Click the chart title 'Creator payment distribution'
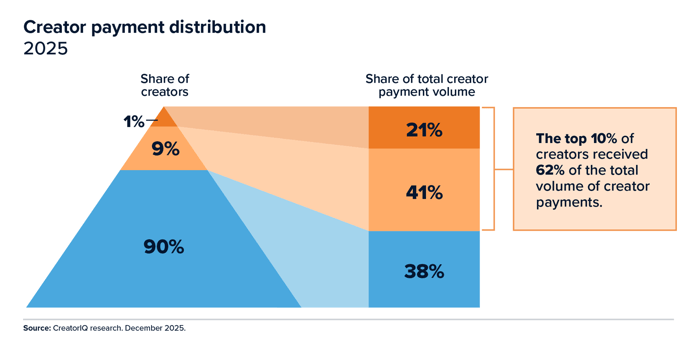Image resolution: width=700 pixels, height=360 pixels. (144, 27)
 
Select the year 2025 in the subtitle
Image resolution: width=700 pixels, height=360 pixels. (45, 50)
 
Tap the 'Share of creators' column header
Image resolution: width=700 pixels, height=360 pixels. (164, 86)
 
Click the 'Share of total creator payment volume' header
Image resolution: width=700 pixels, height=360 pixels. (424, 86)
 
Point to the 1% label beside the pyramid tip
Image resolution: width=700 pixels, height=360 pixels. (134, 122)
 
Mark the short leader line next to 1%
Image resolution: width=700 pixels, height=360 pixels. (152, 120)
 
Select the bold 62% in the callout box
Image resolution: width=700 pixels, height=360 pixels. (550, 170)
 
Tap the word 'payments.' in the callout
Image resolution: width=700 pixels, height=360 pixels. (567, 201)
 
